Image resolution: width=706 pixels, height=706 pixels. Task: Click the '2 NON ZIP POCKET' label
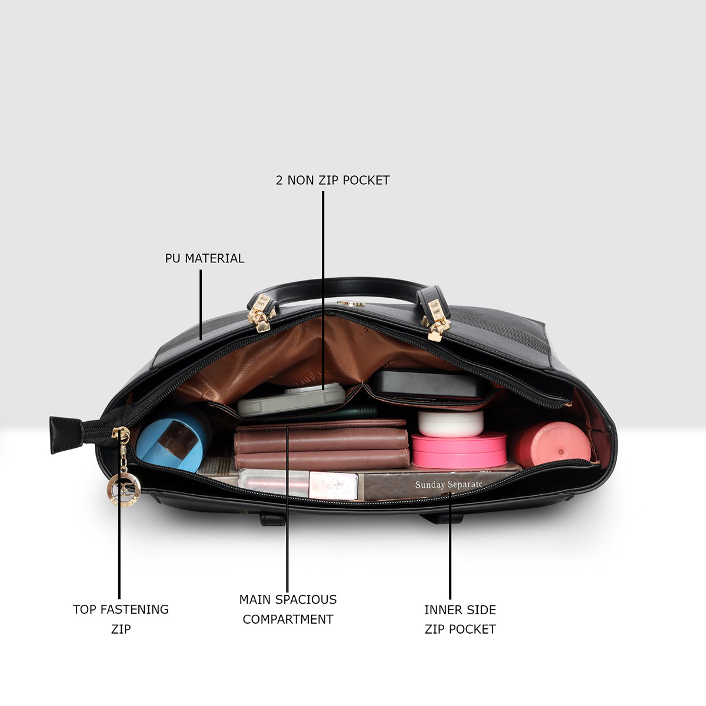click(x=332, y=180)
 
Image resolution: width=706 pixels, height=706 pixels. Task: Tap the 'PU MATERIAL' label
click(x=204, y=258)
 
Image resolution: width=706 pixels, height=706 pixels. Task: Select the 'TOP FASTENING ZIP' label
click(x=121, y=619)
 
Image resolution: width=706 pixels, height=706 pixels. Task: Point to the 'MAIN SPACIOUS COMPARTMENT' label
click(x=288, y=610)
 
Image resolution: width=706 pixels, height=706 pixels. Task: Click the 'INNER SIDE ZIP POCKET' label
click(x=460, y=619)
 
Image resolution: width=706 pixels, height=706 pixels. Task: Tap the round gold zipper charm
click(x=124, y=489)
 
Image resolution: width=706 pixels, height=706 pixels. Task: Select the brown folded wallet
click(x=322, y=445)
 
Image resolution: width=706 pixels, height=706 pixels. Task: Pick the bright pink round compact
click(x=459, y=450)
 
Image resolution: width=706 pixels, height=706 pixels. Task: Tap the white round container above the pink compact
click(x=451, y=424)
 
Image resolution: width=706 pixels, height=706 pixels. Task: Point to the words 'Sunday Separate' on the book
click(x=449, y=484)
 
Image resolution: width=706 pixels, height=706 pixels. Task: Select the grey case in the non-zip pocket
click(x=292, y=400)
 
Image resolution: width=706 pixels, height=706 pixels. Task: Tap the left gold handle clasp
click(x=261, y=314)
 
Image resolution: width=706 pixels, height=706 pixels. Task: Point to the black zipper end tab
click(x=66, y=435)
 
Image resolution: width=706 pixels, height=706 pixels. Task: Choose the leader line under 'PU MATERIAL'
click(x=201, y=305)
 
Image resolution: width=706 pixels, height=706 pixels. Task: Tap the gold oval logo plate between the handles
click(x=351, y=304)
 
